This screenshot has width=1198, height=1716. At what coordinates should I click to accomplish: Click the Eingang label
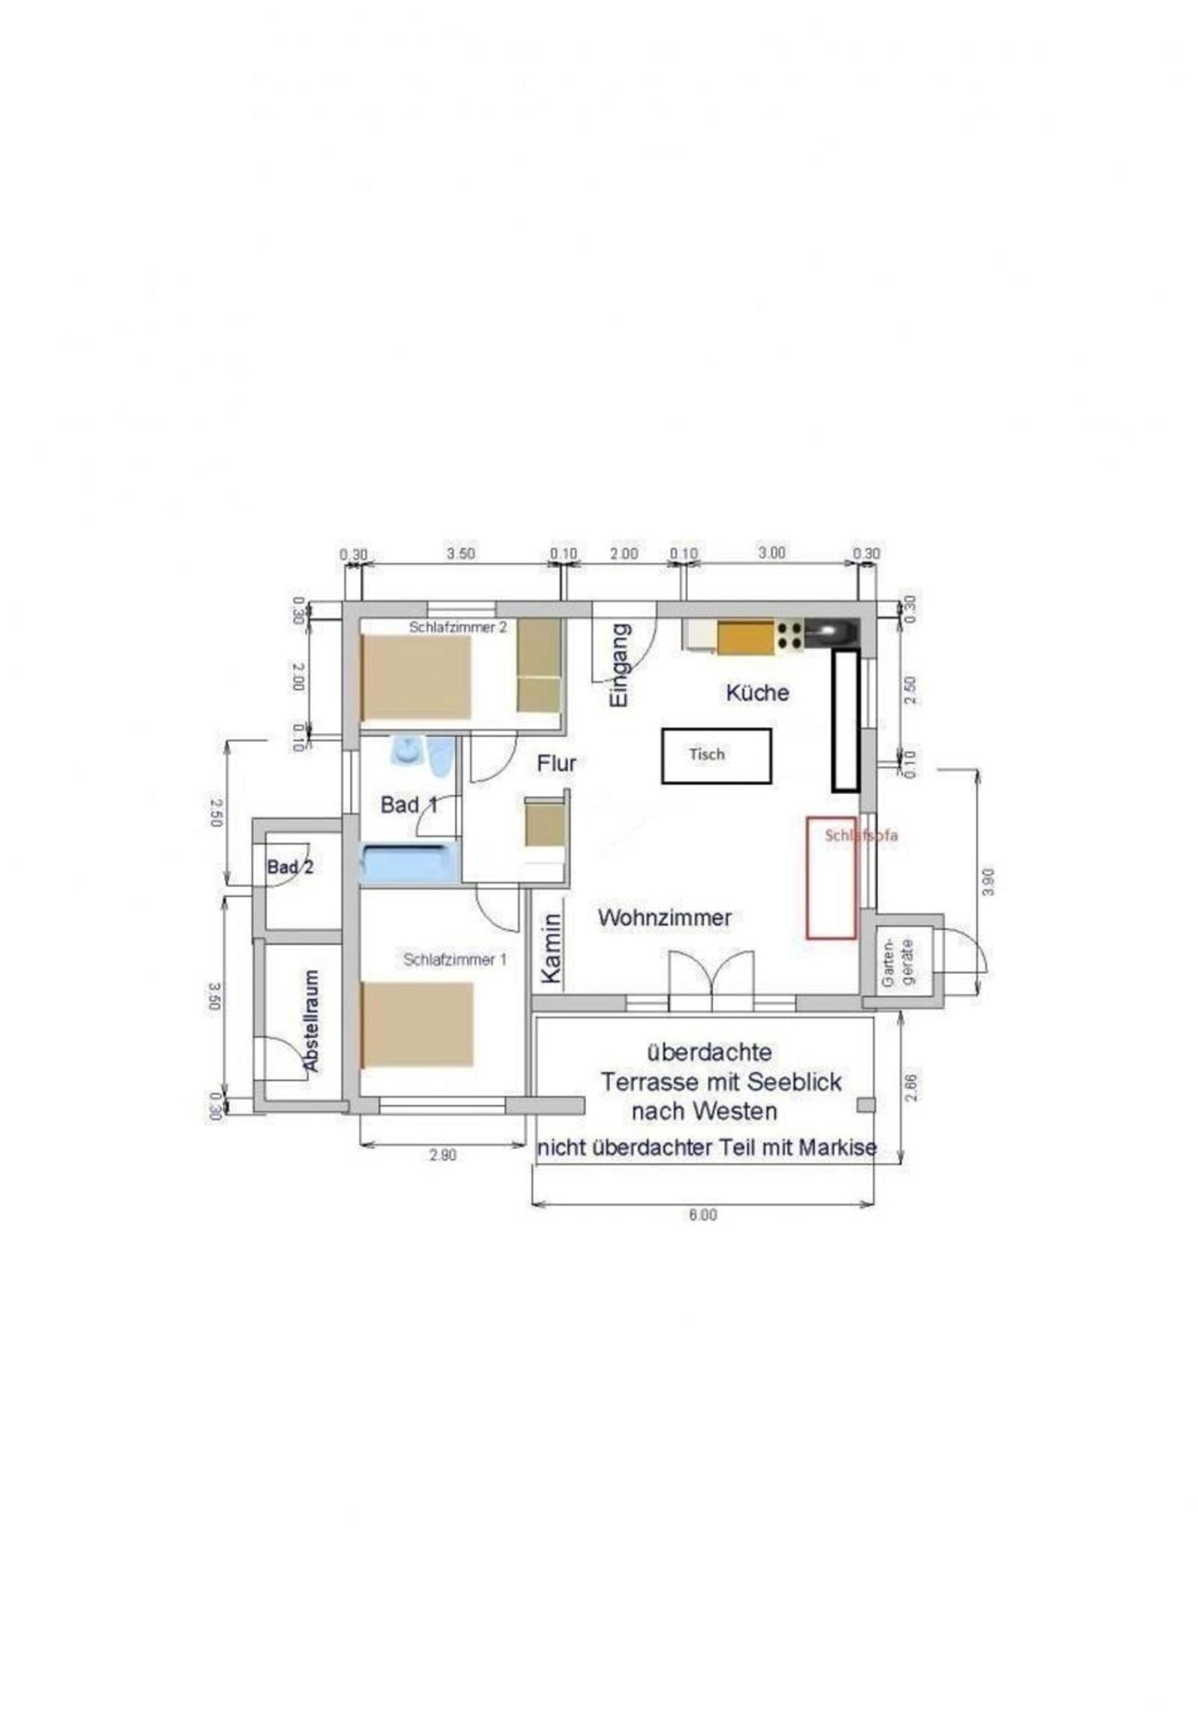pyautogui.click(x=620, y=665)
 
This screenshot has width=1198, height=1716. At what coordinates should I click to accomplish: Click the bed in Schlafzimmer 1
pyautogui.click(x=417, y=1025)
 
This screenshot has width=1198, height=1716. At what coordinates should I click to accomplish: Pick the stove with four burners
pyautogui.click(x=790, y=635)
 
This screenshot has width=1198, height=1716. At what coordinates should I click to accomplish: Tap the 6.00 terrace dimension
pyautogui.click(x=703, y=1215)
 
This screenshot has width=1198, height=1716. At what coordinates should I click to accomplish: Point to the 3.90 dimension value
pyautogui.click(x=989, y=882)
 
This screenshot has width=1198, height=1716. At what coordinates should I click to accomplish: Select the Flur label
pyautogui.click(x=557, y=764)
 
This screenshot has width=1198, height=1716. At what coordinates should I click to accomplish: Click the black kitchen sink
pyautogui.click(x=832, y=635)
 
